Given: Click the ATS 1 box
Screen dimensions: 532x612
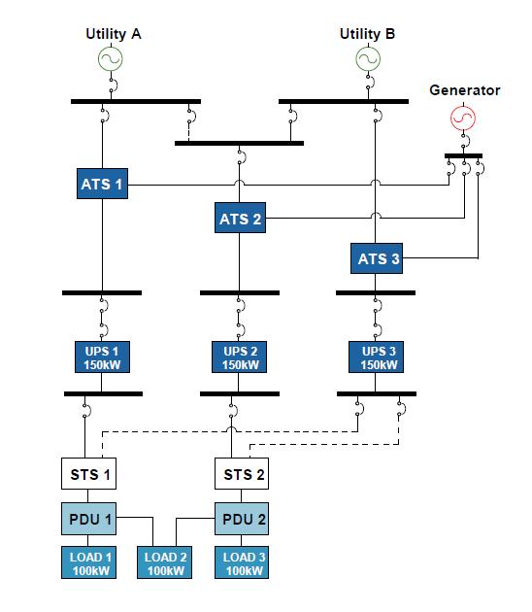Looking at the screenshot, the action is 102,184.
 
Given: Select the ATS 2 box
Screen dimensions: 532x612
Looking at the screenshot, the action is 240,218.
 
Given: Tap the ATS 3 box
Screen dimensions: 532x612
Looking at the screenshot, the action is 377,258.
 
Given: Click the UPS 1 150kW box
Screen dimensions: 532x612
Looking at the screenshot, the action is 102,357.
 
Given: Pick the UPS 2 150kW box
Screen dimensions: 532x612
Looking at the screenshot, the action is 239,357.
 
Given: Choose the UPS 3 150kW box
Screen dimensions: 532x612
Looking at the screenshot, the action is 376,357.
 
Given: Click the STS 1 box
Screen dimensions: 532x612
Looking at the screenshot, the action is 88,473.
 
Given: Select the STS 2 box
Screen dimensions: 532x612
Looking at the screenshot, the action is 242,473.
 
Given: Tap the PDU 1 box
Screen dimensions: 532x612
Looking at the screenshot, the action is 88,519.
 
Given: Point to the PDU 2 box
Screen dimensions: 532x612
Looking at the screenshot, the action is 242,519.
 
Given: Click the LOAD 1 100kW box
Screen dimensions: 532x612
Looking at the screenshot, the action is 88,562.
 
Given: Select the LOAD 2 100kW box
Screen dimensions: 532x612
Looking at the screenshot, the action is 165,562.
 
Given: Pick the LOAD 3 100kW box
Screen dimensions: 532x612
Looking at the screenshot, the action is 242,562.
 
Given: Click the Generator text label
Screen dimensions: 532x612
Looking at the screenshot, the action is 464,90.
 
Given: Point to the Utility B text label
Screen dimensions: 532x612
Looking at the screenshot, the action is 367,34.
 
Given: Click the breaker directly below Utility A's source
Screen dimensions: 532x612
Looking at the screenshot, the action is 114,85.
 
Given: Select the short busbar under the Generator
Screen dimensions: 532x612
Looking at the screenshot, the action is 463,155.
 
